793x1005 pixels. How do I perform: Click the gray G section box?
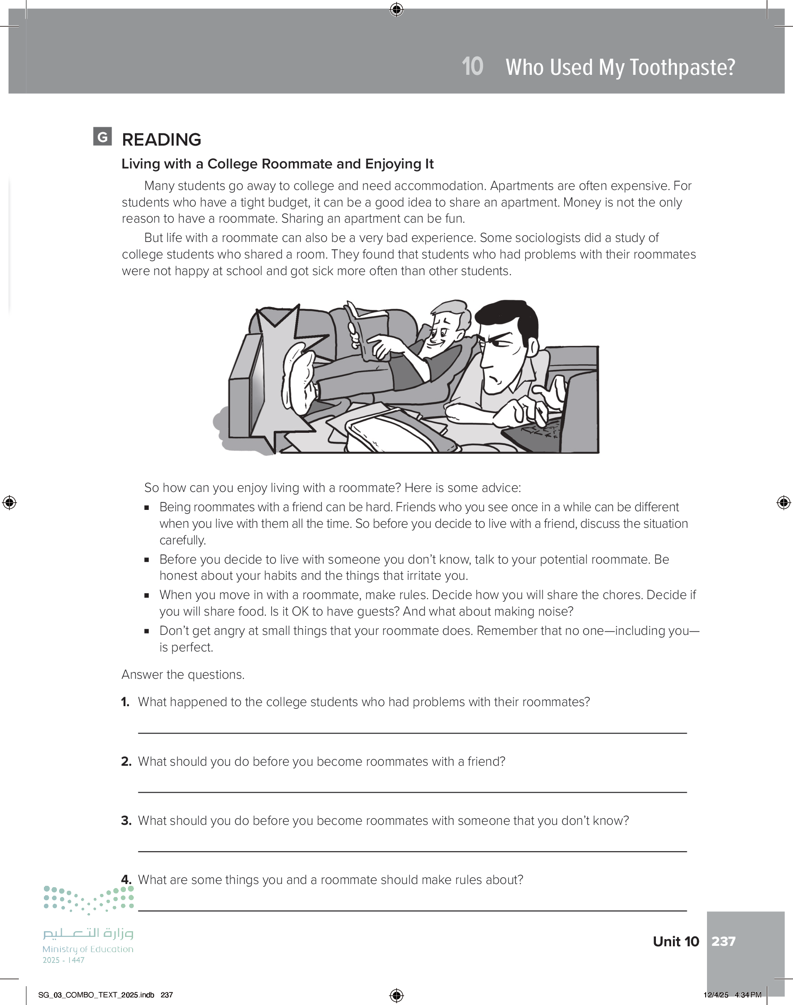[102, 137]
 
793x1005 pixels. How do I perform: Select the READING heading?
[161, 140]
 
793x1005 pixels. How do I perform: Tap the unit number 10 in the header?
[472, 66]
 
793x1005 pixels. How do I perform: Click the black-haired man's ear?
[533, 346]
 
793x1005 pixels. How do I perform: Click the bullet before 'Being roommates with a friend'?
[147, 507]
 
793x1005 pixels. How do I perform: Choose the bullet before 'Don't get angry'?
[147, 631]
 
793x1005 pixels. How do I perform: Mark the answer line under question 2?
[412, 792]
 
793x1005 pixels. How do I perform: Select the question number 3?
[126, 821]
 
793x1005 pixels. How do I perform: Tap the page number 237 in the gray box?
[724, 941]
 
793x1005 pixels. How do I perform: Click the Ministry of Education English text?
[88, 949]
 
